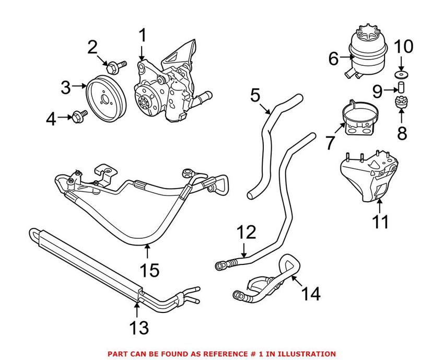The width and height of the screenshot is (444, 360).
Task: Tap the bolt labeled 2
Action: click(113, 67)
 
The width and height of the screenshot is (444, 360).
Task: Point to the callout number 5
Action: click(255, 95)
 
